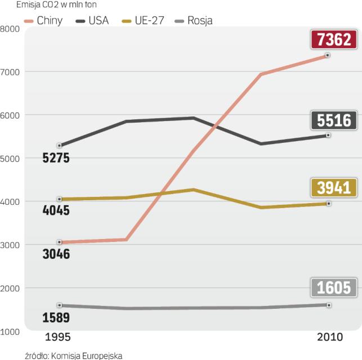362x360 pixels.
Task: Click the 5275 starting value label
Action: [56, 158]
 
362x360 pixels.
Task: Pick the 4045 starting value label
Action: [56, 211]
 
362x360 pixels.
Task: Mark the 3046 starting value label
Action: [56, 254]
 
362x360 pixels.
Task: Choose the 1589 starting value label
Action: [56, 318]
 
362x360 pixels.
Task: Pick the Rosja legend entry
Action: [194, 21]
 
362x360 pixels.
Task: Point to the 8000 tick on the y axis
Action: [10, 29]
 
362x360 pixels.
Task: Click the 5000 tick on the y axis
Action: [10, 159]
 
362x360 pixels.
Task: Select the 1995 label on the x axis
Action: [57, 337]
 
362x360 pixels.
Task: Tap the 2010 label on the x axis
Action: [328, 337]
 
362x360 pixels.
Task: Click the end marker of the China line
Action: [328, 56]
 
